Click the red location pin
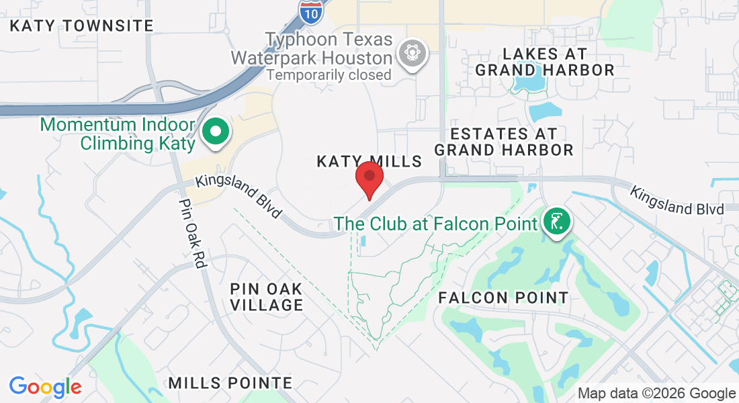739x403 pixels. (369, 178)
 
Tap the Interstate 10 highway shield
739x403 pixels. (310, 11)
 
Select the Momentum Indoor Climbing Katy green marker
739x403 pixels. (216, 132)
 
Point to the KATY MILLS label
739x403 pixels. (369, 161)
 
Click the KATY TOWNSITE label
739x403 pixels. (82, 26)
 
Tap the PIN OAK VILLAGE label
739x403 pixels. (266, 296)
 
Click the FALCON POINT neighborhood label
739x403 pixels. (503, 297)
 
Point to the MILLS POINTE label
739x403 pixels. (230, 383)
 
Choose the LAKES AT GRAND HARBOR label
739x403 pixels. (545, 62)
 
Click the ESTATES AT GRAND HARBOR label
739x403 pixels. (504, 142)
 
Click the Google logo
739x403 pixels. (46, 387)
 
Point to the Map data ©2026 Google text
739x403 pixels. (656, 394)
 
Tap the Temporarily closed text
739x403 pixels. (329, 75)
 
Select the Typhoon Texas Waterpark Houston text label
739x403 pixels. (311, 49)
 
